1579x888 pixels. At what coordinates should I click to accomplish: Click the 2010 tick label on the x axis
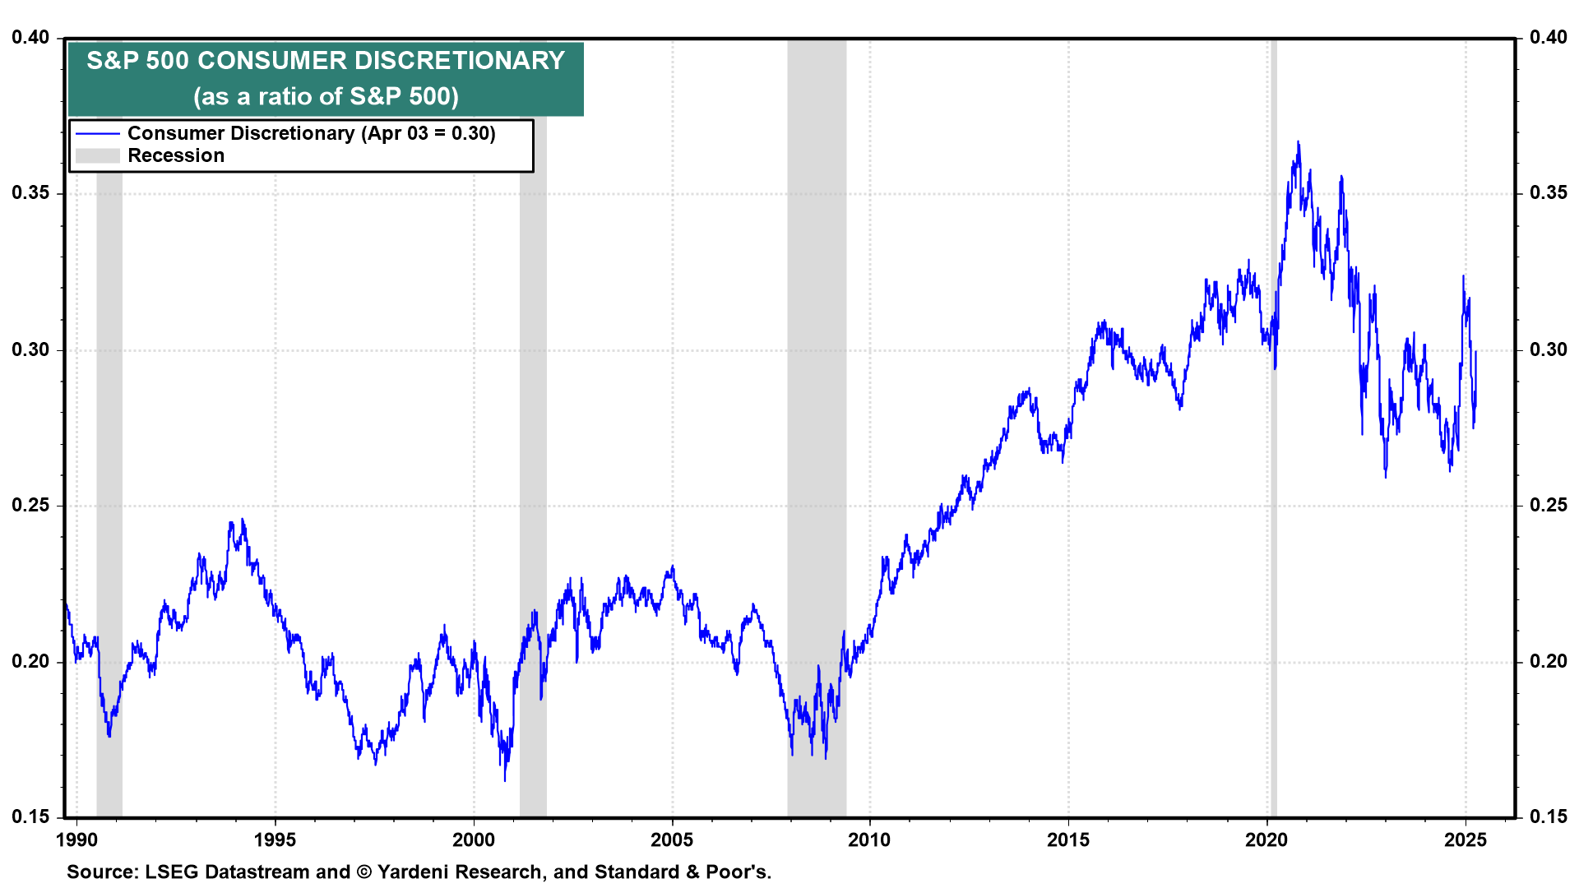click(869, 839)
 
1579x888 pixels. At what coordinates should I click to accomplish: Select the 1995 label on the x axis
click(275, 839)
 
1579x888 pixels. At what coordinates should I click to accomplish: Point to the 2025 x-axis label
click(1466, 839)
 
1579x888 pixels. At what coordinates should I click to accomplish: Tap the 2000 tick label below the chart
click(474, 839)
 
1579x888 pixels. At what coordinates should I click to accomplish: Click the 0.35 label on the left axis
click(30, 193)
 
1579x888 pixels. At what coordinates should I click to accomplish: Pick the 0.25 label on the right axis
click(1549, 505)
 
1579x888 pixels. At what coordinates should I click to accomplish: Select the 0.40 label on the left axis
click(30, 37)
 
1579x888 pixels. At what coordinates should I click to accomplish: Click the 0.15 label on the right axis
click(1549, 816)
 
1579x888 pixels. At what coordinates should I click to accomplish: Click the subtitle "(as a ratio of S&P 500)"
click(326, 96)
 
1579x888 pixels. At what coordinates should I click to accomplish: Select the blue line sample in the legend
click(98, 133)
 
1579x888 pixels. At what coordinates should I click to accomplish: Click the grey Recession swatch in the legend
click(98, 155)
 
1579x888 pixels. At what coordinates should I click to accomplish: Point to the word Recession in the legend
click(176, 155)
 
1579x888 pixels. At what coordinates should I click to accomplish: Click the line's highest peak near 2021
click(1299, 142)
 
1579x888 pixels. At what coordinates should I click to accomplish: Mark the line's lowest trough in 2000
click(505, 779)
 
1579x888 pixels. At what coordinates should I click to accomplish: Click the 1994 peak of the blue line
click(242, 520)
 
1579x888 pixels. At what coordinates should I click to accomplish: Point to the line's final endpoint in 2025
click(1476, 352)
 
